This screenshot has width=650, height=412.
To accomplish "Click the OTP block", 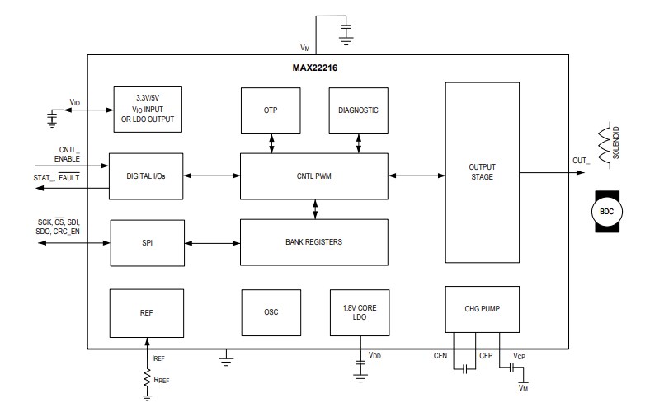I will click(x=271, y=110).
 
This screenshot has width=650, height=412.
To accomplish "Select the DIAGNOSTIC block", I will click(x=358, y=110).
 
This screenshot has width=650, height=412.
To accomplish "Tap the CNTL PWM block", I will click(x=313, y=176).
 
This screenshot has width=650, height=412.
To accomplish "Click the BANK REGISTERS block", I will click(x=313, y=242).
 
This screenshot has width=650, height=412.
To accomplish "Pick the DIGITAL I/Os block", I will click(x=147, y=176).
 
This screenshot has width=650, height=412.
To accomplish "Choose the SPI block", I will click(x=147, y=242).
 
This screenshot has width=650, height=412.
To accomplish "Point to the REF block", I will click(x=147, y=312).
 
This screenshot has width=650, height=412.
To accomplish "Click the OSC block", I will click(x=271, y=312).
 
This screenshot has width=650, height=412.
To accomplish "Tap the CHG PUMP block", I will click(x=482, y=310).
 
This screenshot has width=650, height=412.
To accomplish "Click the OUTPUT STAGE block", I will click(x=482, y=171).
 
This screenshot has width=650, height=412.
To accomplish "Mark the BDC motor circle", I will click(x=607, y=212).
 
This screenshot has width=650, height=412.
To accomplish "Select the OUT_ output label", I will click(x=582, y=162).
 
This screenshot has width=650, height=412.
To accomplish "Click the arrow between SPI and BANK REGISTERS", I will click(x=212, y=242).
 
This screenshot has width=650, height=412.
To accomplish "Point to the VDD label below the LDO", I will click(x=374, y=356).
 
